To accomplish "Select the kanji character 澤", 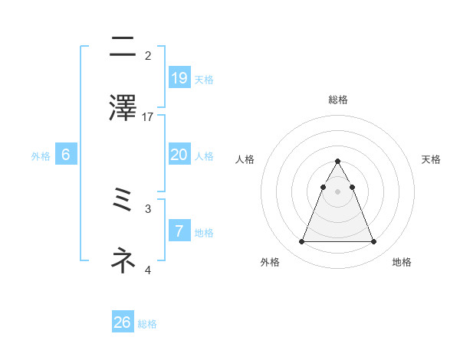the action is [x=123, y=108].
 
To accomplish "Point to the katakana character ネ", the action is [x=123, y=261].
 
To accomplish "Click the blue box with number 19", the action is [x=179, y=77].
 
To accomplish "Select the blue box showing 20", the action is [x=179, y=155].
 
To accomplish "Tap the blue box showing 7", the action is [x=179, y=231].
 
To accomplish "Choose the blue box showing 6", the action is [x=66, y=155].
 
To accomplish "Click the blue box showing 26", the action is [x=123, y=322].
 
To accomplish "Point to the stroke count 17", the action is [x=148, y=117].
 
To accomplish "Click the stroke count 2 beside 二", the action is [x=148, y=56].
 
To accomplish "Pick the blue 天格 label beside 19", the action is [x=204, y=79].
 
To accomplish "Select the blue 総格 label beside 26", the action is [x=147, y=324].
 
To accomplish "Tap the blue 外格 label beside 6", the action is [x=41, y=156].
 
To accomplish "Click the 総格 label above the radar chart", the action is [x=337, y=100].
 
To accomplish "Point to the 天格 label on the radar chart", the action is [x=432, y=159].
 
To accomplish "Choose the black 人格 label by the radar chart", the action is [x=245, y=159].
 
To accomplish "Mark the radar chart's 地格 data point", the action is [x=374, y=242].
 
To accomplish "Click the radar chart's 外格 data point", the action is [x=301, y=242].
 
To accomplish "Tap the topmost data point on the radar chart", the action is [x=337, y=162].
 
